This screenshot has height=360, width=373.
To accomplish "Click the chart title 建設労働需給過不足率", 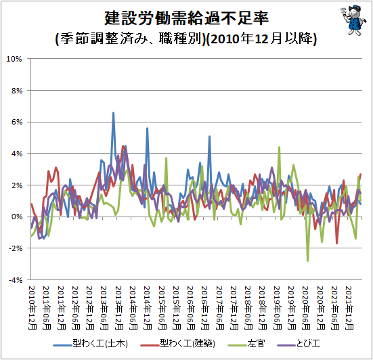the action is pos(187,18).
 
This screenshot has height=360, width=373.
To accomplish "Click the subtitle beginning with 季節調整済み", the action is pos(186,39).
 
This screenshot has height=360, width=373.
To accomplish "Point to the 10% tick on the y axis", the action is pos(14,59).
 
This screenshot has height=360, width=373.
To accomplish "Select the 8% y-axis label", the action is pos(17,91).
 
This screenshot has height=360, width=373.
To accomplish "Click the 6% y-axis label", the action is pos(17,122).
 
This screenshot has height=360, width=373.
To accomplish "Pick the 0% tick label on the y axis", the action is pos(17,217).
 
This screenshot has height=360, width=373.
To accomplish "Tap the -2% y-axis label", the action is pos(16,248).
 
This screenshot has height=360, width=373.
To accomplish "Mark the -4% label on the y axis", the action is pos(16,280).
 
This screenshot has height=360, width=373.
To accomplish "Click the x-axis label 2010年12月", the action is pos(32,308).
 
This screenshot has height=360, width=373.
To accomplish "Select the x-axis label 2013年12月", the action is pos(119,308).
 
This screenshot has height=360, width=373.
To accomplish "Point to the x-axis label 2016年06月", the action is pos(191,308).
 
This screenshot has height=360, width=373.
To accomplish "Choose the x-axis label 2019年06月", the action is pos(278,308).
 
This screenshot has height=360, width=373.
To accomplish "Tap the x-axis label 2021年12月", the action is pos(349,308).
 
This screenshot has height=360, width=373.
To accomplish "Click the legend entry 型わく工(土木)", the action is pos(91,344).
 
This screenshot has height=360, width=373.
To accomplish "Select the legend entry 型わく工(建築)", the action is pos(178,344).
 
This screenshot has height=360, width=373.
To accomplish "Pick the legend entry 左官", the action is pos(246,344).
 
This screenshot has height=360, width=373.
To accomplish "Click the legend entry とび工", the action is pos(299,344).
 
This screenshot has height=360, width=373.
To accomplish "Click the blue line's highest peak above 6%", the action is pos(113,112).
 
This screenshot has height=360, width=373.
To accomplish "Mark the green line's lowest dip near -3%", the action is pos(307,261).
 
